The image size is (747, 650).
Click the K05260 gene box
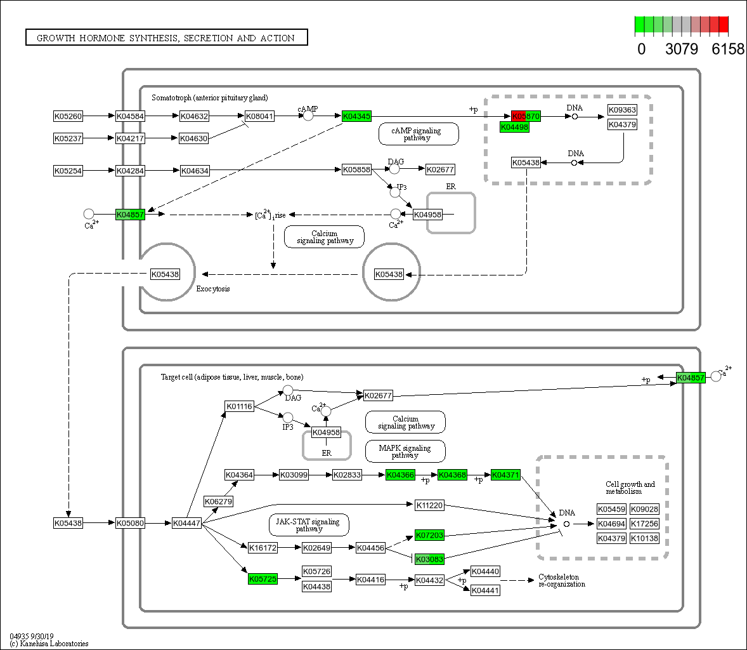coord(68,116)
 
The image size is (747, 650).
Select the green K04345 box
coord(356,116)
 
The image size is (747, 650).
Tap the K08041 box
coord(259,116)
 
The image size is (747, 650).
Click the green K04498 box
coord(514,128)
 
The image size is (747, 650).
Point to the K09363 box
coord(622,110)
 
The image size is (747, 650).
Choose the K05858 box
coord(356,169)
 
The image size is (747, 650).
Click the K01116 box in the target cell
coord(239,406)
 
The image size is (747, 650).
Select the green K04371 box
coord(505,475)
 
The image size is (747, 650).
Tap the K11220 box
coord(429,505)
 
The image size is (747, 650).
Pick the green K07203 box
coord(429,535)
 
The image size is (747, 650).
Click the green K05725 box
coord(263,579)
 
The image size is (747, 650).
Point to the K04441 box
coord(485,590)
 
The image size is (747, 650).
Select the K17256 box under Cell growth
coord(644,524)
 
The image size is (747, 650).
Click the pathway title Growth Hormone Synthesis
coord(166,38)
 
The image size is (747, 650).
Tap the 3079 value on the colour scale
coord(682,49)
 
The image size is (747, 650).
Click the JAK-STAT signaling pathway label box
coord(309,525)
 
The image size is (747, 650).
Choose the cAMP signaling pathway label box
coord(419,134)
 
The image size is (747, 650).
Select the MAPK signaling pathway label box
coord(405,451)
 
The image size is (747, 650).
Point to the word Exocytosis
coord(213,289)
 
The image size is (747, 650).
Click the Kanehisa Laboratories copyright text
coord(49,644)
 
